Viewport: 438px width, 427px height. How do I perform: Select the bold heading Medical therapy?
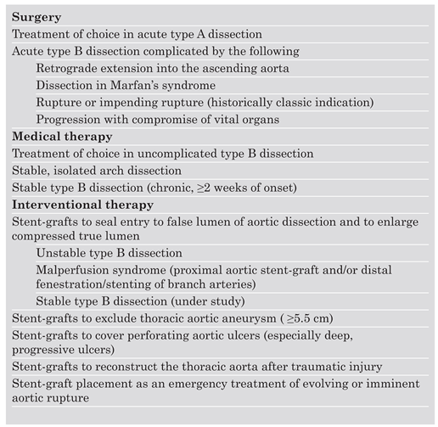point(61,137)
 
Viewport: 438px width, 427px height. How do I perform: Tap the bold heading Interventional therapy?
point(82,205)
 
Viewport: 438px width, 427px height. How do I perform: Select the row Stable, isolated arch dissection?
point(98,171)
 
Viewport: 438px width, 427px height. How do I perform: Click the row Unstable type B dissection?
point(109,253)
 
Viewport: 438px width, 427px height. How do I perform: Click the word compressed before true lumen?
point(42,235)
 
